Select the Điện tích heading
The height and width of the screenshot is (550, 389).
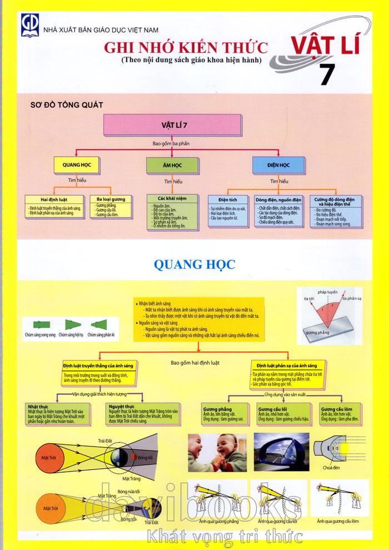click(x=228, y=199)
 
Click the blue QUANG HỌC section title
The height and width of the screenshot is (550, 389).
click(x=193, y=262)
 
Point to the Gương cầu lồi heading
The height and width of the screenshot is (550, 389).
click(x=271, y=408)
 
